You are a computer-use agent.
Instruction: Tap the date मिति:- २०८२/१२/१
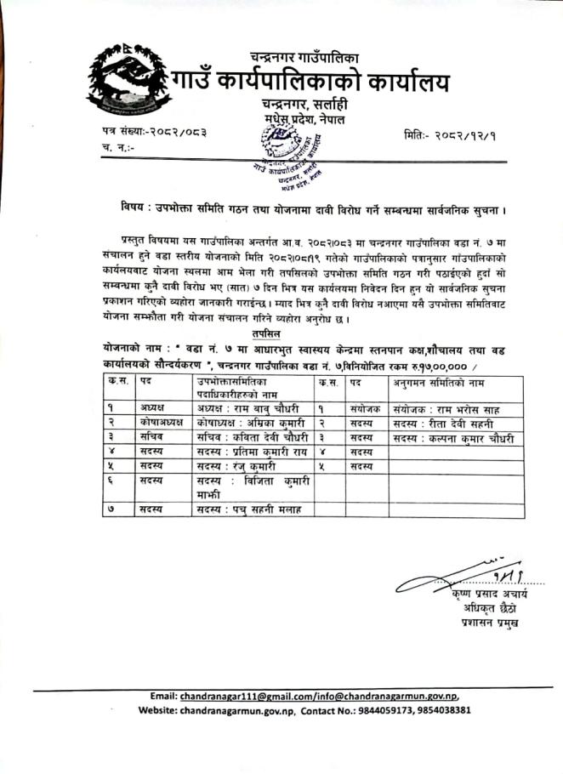tap(450, 135)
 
